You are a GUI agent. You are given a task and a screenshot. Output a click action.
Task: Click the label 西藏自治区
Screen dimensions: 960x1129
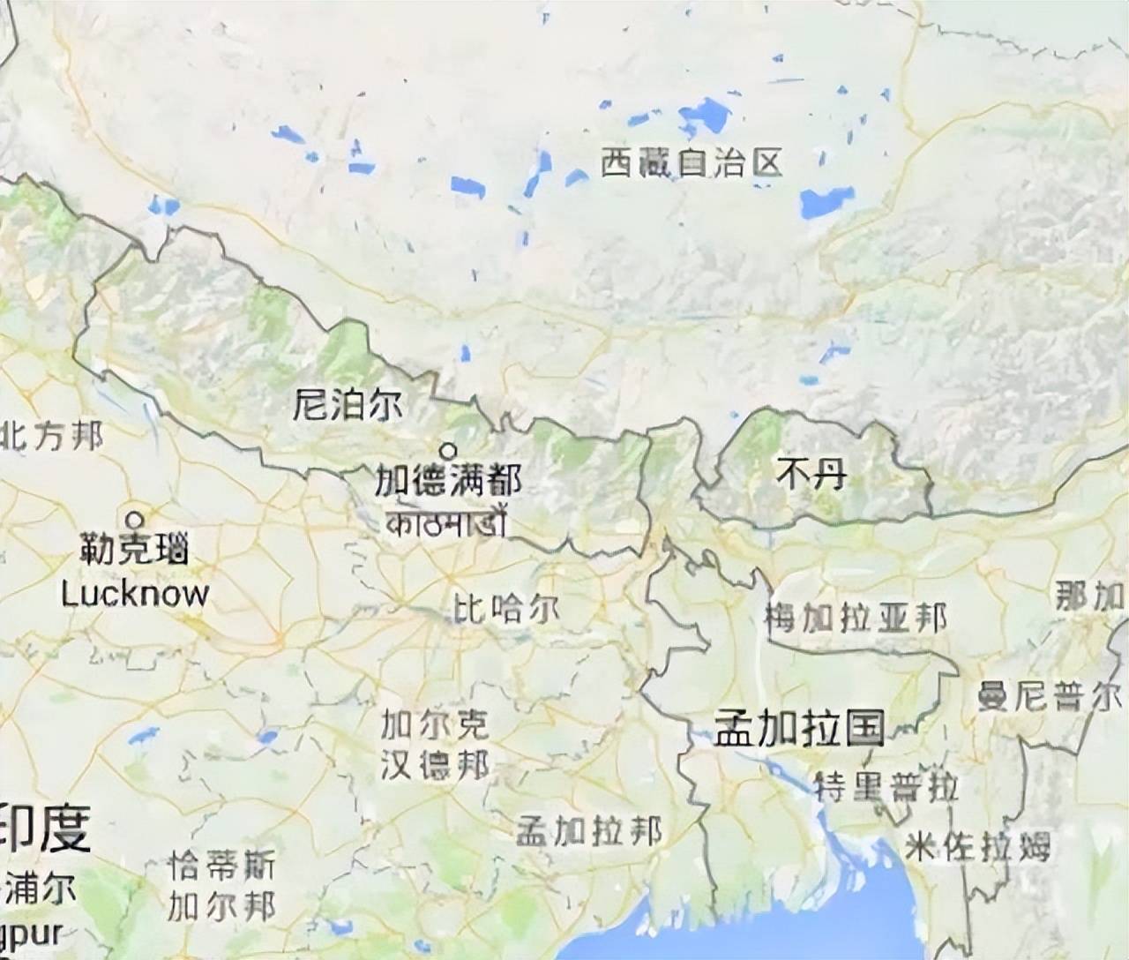(692, 162)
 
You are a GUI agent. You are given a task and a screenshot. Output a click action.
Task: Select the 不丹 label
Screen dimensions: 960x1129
(811, 476)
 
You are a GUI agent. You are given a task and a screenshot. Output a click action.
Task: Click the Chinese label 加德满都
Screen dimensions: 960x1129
(447, 481)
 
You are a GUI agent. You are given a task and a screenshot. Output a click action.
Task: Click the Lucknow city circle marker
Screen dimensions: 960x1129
(135, 519)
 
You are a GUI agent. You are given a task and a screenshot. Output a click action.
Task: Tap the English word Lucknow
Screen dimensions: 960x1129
(134, 593)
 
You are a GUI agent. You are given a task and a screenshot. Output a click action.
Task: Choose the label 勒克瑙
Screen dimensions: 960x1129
(134, 551)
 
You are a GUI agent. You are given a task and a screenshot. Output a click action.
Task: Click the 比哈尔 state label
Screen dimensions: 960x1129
(505, 609)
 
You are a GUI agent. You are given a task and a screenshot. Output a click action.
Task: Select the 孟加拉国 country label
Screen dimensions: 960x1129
(799, 729)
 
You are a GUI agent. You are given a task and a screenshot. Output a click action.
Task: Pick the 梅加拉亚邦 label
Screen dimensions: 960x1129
(855, 618)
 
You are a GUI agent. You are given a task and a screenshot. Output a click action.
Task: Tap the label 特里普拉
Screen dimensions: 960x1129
(886, 786)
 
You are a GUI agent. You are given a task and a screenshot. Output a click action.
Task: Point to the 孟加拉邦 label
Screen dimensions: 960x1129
(588, 831)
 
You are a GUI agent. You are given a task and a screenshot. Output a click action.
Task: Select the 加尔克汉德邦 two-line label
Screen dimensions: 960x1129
(434, 746)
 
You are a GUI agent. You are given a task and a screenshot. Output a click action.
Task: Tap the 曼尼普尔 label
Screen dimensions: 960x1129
(1050, 696)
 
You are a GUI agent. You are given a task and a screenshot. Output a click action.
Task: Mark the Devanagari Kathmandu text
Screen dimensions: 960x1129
(445, 521)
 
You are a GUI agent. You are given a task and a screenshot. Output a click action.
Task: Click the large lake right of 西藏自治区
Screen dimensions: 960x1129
(827, 201)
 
